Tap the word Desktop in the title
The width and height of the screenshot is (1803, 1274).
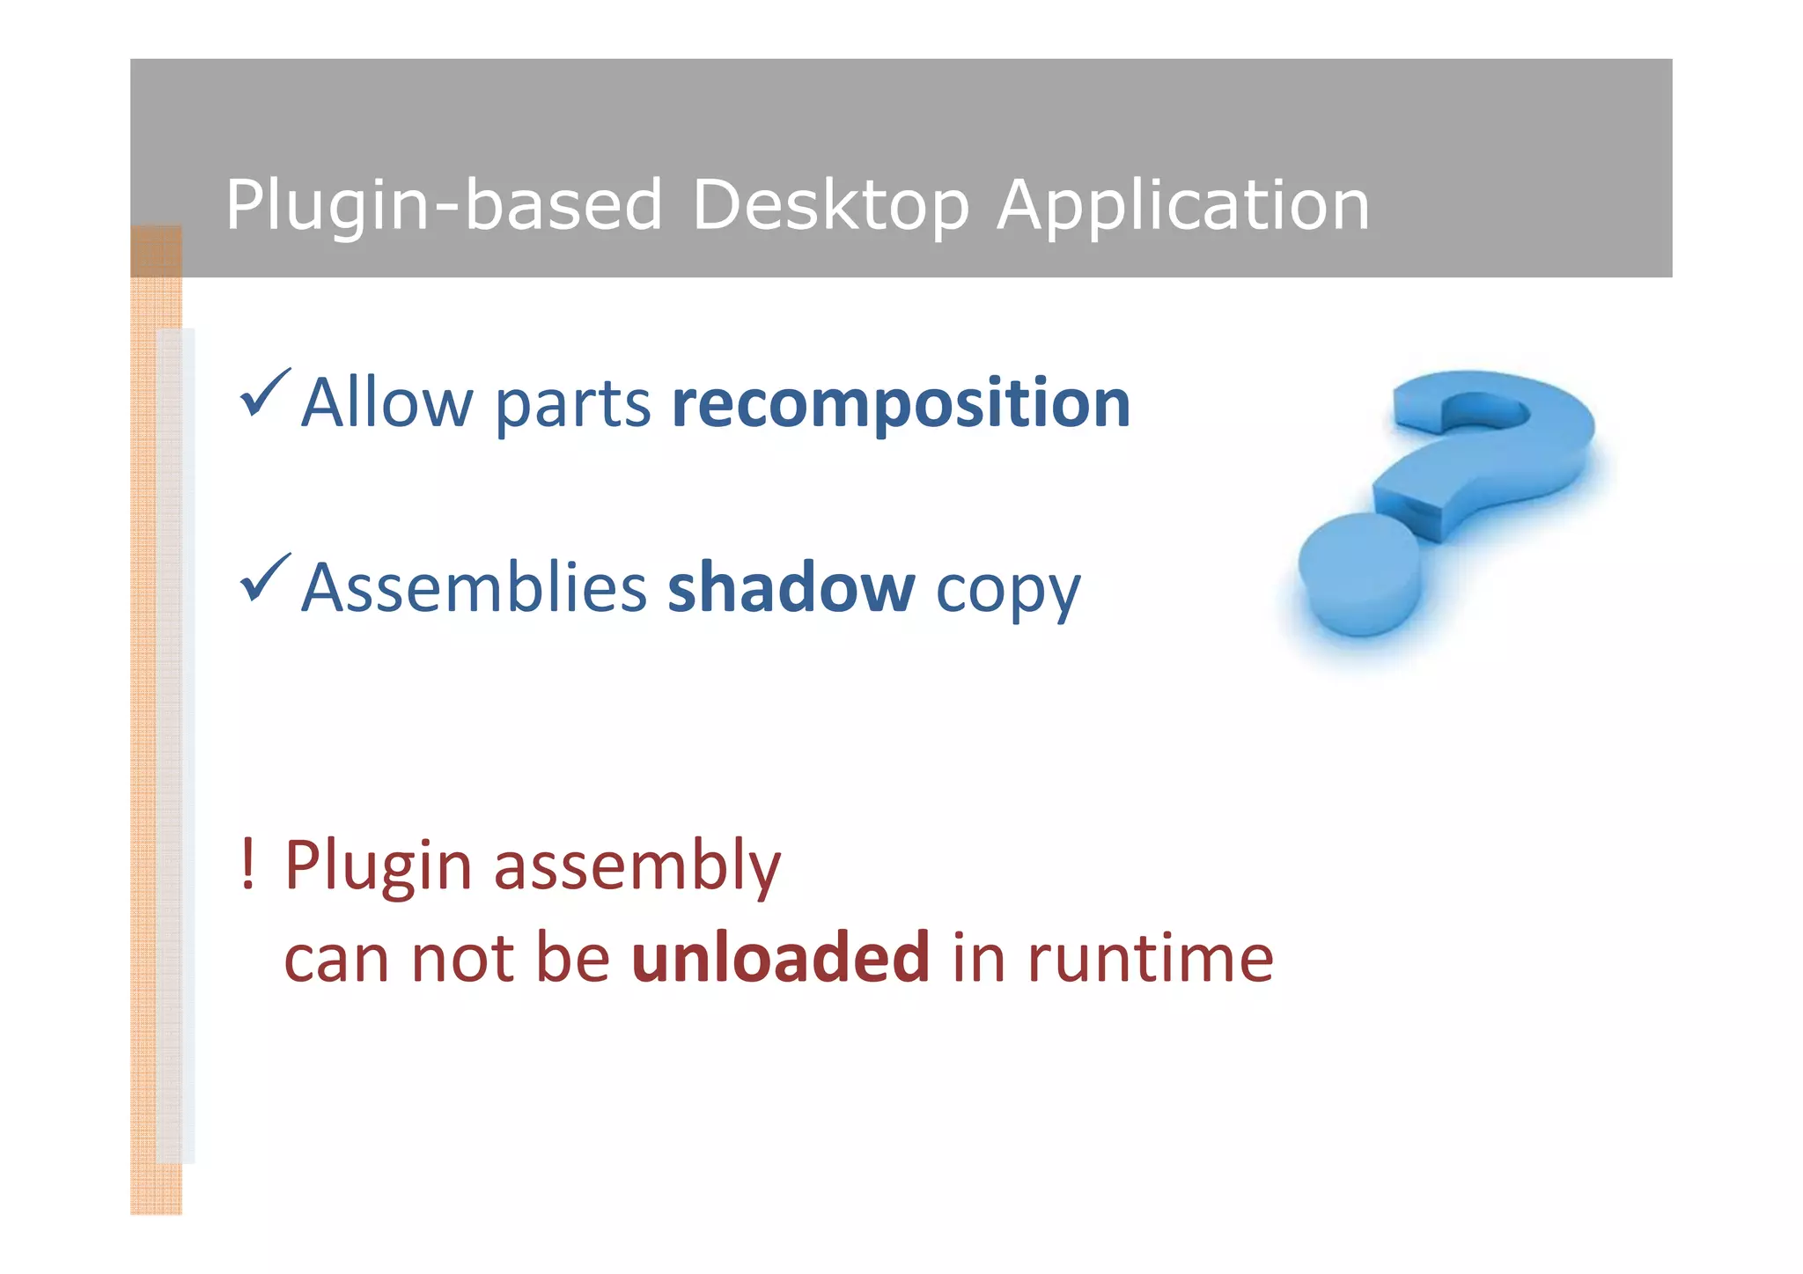[830, 205]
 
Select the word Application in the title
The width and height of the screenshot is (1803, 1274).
[1182, 205]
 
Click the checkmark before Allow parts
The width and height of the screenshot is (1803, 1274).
[264, 394]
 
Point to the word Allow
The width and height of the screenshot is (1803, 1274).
[386, 403]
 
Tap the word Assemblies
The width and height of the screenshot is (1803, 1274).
[474, 588]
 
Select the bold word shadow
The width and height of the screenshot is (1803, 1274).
[791, 588]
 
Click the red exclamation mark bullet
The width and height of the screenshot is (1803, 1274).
[248, 864]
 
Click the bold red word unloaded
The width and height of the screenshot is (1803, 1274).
[780, 958]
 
